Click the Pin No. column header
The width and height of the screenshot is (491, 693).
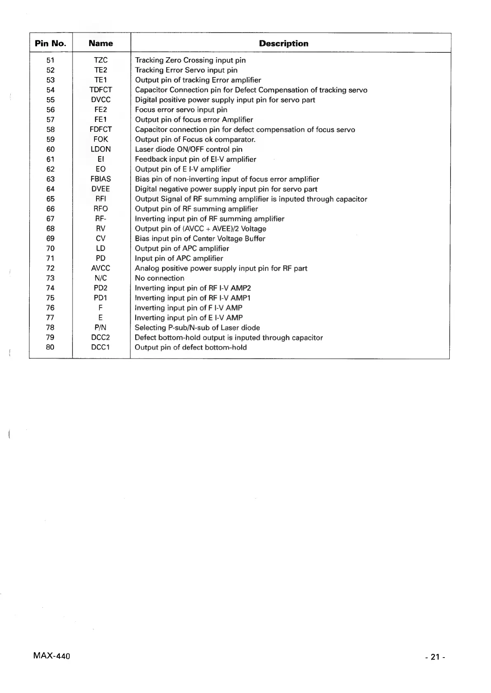51,43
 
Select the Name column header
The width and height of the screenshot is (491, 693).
101,43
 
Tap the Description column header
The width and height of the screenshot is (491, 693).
283,43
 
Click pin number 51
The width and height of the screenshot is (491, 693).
51,60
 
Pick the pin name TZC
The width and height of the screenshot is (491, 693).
101,60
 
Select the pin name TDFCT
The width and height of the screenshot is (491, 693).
101,90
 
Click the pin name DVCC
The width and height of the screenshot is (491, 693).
101,100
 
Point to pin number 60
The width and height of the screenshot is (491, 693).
51,149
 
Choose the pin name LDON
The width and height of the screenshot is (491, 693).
101,149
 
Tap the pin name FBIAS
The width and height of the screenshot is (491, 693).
101,179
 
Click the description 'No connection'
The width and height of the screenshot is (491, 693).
160,278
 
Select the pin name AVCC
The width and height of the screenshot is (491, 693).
101,268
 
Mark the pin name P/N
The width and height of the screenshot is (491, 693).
101,327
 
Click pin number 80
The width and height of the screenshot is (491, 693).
51,347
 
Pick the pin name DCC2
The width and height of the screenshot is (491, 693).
101,337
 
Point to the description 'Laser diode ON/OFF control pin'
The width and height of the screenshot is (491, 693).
189,149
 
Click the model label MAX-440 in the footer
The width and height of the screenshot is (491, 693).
51,656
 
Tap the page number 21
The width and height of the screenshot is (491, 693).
435,657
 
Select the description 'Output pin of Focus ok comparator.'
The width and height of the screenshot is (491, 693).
195,139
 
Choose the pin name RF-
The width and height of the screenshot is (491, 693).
101,219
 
